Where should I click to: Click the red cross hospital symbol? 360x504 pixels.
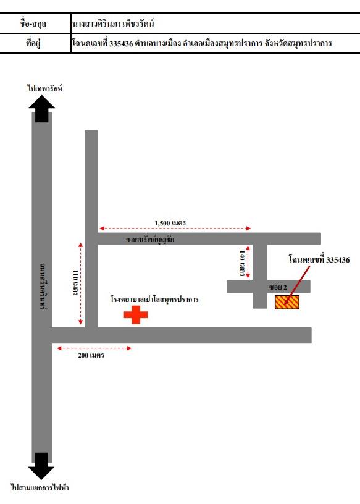[x=136, y=314]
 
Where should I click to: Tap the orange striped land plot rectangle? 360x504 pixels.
[x=287, y=302]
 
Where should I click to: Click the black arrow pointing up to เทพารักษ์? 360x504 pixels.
[x=42, y=108]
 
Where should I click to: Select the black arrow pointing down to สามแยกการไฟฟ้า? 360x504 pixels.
[x=41, y=466]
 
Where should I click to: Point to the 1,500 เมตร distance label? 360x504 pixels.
[x=170, y=223]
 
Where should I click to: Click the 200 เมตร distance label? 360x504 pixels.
[x=91, y=355]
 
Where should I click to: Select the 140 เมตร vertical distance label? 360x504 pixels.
[x=242, y=263]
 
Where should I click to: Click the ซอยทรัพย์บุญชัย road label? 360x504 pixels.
[x=150, y=240]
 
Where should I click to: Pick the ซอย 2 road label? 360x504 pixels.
[x=278, y=287]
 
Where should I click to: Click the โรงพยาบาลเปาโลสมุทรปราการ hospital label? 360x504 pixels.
[x=154, y=300]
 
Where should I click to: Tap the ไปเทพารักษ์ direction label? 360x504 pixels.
[x=44, y=88]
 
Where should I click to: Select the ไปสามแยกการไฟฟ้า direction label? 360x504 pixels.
[x=40, y=487]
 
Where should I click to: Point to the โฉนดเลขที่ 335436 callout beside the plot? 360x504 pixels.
[x=319, y=259]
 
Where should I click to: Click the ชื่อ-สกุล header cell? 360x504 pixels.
[x=33, y=23]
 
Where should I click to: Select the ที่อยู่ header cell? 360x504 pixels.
[x=33, y=43]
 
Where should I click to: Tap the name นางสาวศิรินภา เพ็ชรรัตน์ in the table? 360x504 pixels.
[x=113, y=23]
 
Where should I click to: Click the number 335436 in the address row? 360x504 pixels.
[x=121, y=43]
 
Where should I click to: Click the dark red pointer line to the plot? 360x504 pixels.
[x=296, y=285]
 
